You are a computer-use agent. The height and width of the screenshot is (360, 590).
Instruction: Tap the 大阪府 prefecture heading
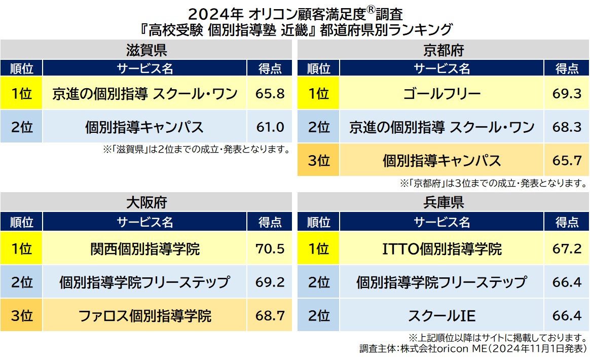[146, 203]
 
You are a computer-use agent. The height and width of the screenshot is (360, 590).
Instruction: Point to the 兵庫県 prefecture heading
[443, 203]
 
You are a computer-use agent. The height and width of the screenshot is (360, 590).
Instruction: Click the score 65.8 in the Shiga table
[270, 94]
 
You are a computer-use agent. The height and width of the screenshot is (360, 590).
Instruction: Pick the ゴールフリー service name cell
[441, 94]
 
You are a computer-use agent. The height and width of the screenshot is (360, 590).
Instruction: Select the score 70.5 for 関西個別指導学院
[270, 249]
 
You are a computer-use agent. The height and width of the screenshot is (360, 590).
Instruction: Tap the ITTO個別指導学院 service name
[441, 249]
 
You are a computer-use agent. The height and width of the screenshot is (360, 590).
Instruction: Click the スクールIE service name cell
[441, 316]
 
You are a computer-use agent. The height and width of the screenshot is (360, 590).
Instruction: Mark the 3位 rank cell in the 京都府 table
[319, 161]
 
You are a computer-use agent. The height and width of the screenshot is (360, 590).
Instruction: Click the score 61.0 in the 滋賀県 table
[270, 127]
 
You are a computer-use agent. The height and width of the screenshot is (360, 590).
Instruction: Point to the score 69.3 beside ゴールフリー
[567, 94]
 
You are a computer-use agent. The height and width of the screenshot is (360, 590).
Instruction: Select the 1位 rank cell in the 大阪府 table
[21, 249]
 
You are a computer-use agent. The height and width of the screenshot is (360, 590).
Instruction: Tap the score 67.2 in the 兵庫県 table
[567, 249]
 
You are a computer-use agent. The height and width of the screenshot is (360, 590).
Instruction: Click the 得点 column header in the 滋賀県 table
[270, 68]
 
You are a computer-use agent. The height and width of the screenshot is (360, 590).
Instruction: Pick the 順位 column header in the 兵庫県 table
[319, 222]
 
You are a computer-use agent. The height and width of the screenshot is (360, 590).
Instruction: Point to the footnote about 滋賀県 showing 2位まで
[197, 150]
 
